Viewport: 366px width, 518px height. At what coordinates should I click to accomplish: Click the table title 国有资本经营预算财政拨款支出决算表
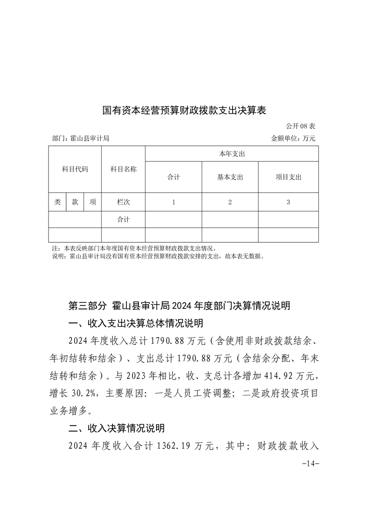coord(185,111)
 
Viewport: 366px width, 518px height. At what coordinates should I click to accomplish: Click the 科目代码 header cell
coord(75,169)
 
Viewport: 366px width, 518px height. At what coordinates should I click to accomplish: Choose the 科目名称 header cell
coord(123,169)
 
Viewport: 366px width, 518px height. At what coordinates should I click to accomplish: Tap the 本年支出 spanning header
coord(232,154)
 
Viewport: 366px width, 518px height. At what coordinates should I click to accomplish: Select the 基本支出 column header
coord(230,177)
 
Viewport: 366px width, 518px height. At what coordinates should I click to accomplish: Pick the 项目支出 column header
coord(288,177)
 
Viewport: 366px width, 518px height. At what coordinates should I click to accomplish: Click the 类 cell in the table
coord(57,202)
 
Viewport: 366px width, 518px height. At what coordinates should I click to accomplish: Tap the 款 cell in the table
coord(75,202)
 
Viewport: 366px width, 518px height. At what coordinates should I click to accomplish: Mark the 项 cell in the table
coord(93,202)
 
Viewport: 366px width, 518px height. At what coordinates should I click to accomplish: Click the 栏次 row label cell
coord(123,202)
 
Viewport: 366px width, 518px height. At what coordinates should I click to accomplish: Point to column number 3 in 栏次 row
coord(288,202)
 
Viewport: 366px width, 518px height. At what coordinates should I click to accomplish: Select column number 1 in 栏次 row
coord(174,202)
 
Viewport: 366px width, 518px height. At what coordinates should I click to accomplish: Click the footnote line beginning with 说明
coord(158,255)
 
